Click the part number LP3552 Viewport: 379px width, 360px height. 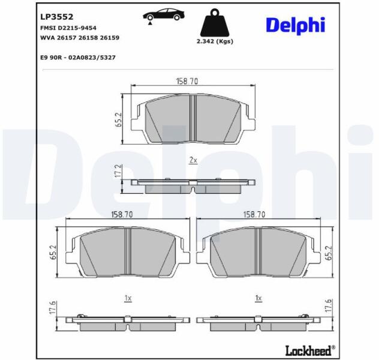pos(56,17)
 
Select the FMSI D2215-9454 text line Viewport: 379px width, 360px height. pos(68,28)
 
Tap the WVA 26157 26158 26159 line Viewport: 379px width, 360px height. pos(80,38)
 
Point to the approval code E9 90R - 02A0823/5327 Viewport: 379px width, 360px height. pos(78,58)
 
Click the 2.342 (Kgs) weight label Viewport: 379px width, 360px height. pos(215,41)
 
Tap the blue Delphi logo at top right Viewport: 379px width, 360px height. pos(296,26)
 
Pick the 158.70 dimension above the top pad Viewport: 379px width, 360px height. pos(187,81)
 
